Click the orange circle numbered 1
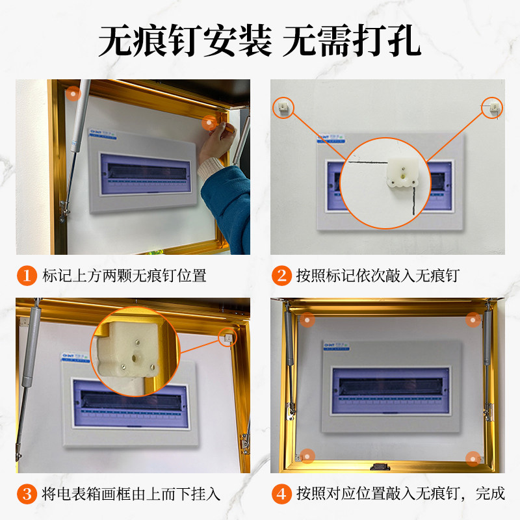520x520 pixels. (x=27, y=276)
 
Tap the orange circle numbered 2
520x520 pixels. (x=281, y=276)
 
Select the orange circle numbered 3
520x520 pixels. (x=27, y=494)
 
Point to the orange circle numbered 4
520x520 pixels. (x=281, y=493)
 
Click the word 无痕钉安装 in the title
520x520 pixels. (x=185, y=42)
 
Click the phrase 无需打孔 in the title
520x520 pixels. (x=352, y=42)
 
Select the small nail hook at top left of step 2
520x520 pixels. (x=283, y=107)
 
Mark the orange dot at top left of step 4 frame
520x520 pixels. (x=309, y=320)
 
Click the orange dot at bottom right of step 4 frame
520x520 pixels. (x=473, y=456)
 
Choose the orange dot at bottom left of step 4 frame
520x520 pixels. (x=307, y=455)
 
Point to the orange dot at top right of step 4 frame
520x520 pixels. (x=473, y=319)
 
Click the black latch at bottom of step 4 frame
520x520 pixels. (x=379, y=466)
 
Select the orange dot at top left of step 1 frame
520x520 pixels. (x=73, y=94)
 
